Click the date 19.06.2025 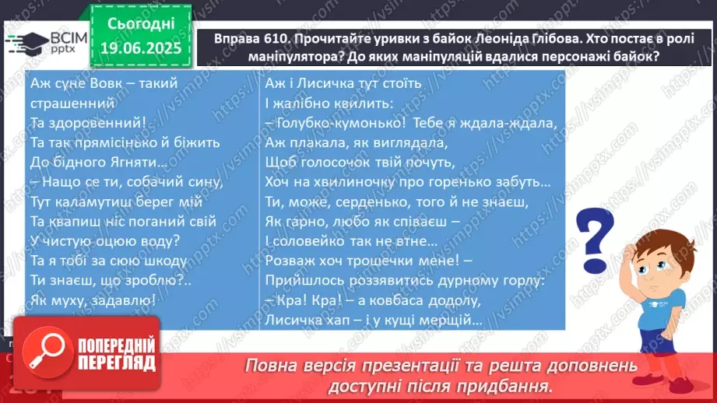click(x=141, y=48)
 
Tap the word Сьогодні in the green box click(x=141, y=24)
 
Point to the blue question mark click(x=594, y=240)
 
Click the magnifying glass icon click(x=47, y=352)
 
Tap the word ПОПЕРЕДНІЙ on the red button click(x=117, y=345)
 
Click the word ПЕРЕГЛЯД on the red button click(x=117, y=363)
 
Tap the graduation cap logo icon click(x=28, y=44)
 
